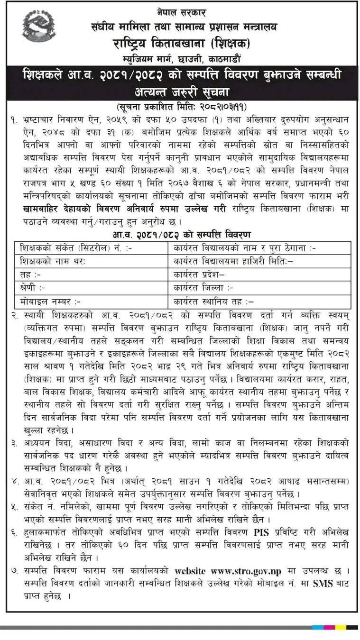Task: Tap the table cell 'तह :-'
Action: point(30,274)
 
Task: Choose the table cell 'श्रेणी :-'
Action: point(33,287)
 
